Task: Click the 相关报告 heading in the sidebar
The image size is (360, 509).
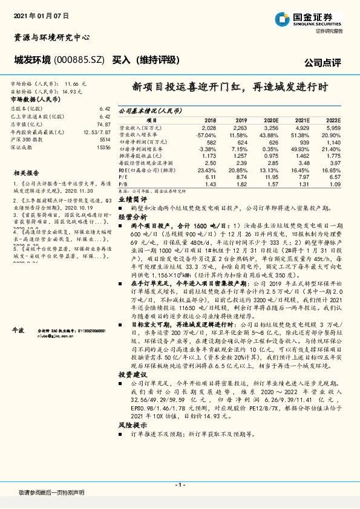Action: [26, 173]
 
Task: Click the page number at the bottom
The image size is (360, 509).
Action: [180, 485]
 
